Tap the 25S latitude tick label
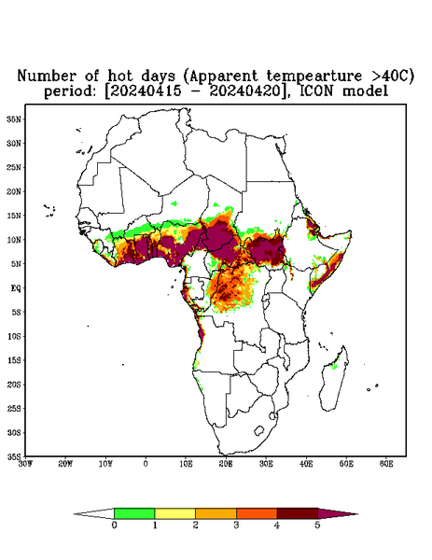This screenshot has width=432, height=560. [x=15, y=409]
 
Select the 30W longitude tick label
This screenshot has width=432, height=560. [x=25, y=464]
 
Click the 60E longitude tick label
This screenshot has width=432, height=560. [x=386, y=464]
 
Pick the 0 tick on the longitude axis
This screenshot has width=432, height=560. [x=146, y=464]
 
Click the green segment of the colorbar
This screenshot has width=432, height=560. [x=134, y=513]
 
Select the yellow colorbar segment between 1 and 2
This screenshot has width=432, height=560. [x=174, y=513]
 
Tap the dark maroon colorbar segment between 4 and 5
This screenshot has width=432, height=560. [x=298, y=513]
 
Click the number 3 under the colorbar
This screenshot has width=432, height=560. [x=236, y=525]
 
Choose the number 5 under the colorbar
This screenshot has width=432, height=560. [x=317, y=525]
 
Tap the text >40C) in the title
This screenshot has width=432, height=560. [x=391, y=77]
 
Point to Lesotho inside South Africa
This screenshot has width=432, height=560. [x=258, y=431]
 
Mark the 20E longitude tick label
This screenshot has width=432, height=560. [x=226, y=464]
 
